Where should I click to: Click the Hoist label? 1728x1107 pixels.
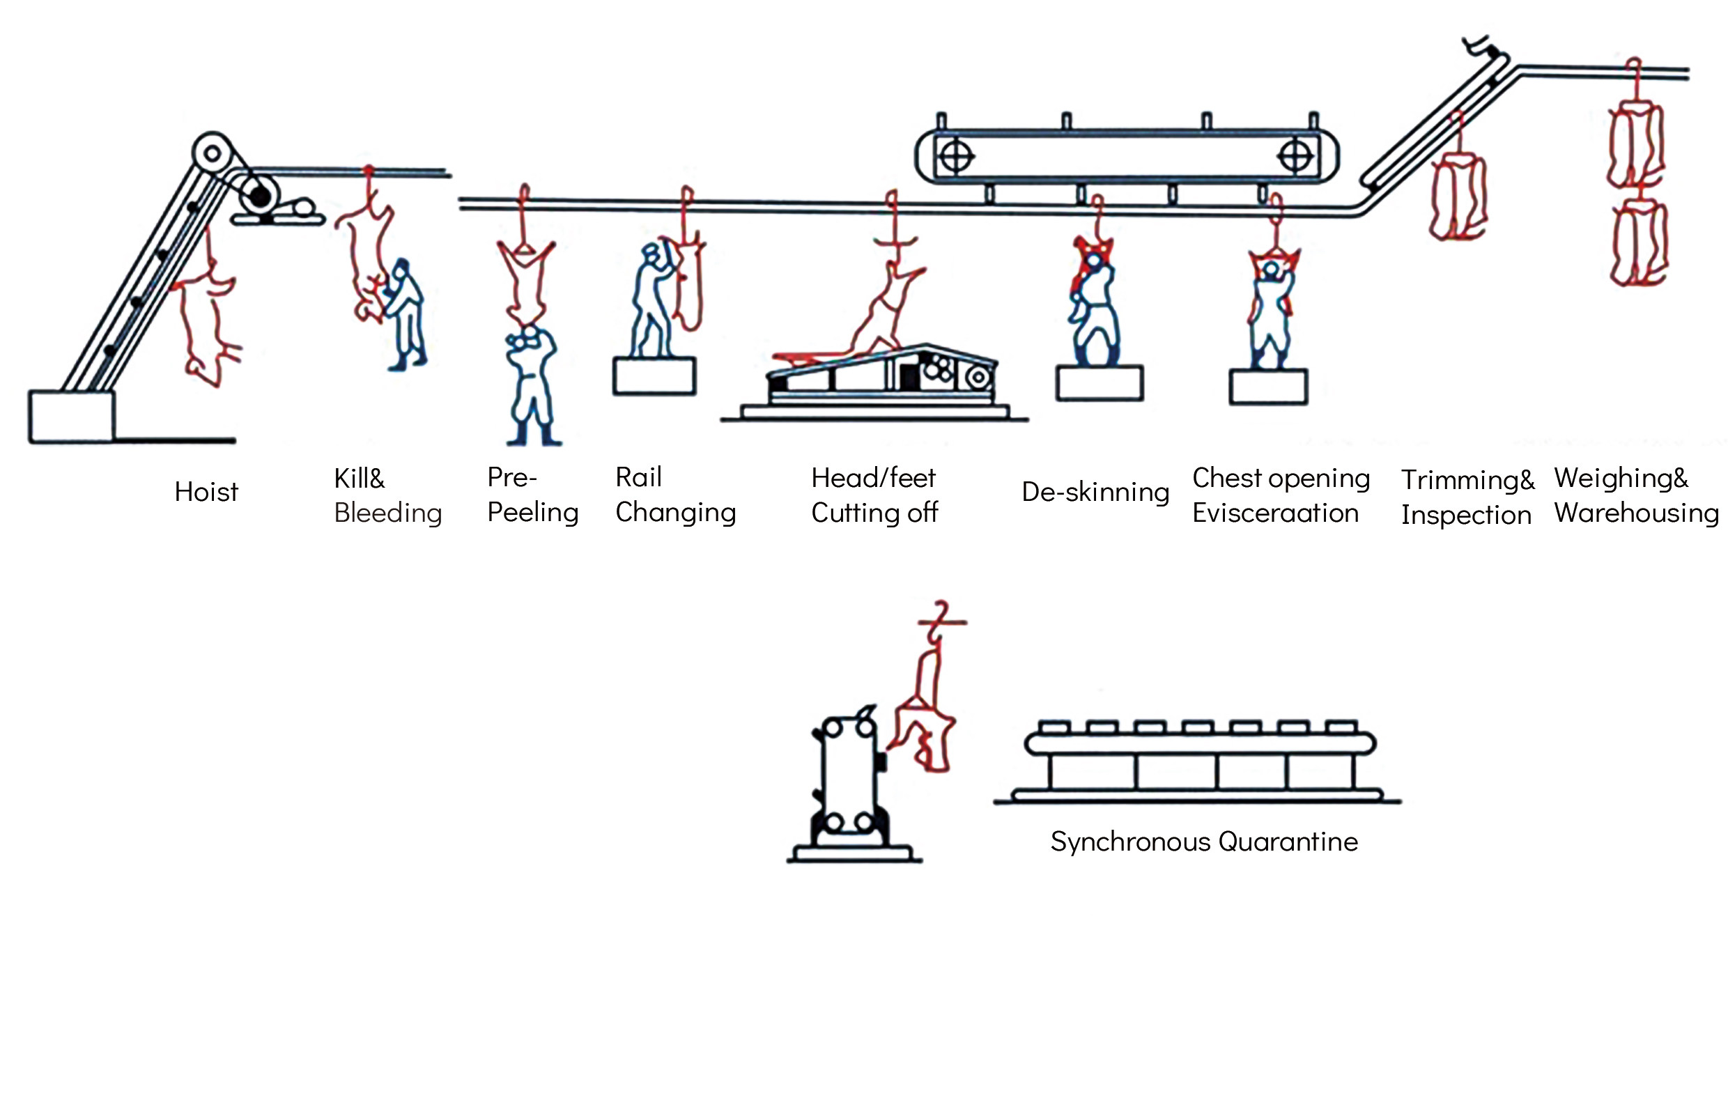click(206, 493)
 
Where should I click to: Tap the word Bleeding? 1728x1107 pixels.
click(387, 513)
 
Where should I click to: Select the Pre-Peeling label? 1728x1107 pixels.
click(532, 495)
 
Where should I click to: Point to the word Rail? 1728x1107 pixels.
click(638, 477)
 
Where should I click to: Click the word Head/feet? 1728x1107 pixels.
click(872, 478)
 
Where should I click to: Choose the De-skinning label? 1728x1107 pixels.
click(1095, 493)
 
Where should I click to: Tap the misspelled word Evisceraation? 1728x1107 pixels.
click(1274, 513)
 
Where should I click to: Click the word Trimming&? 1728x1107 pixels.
click(1467, 479)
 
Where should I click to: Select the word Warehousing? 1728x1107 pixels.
click(1636, 513)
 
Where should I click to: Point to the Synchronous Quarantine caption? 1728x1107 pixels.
click(1204, 842)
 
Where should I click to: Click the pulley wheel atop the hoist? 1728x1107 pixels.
click(212, 153)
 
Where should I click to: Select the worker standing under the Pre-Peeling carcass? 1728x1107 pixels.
click(532, 385)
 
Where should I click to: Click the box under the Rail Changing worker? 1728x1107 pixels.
click(654, 376)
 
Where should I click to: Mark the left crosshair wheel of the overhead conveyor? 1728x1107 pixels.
click(956, 156)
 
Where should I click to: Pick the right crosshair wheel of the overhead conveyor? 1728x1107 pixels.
click(1295, 156)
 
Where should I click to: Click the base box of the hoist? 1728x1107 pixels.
click(71, 416)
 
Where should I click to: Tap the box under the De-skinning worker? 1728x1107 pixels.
click(1099, 383)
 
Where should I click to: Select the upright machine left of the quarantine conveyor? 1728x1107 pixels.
click(849, 784)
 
